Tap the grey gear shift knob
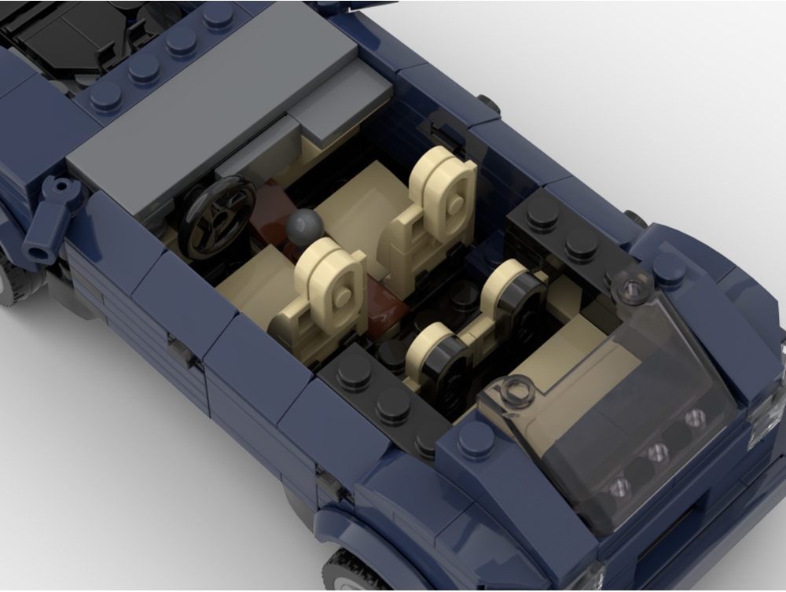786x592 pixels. pyautogui.click(x=303, y=228)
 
